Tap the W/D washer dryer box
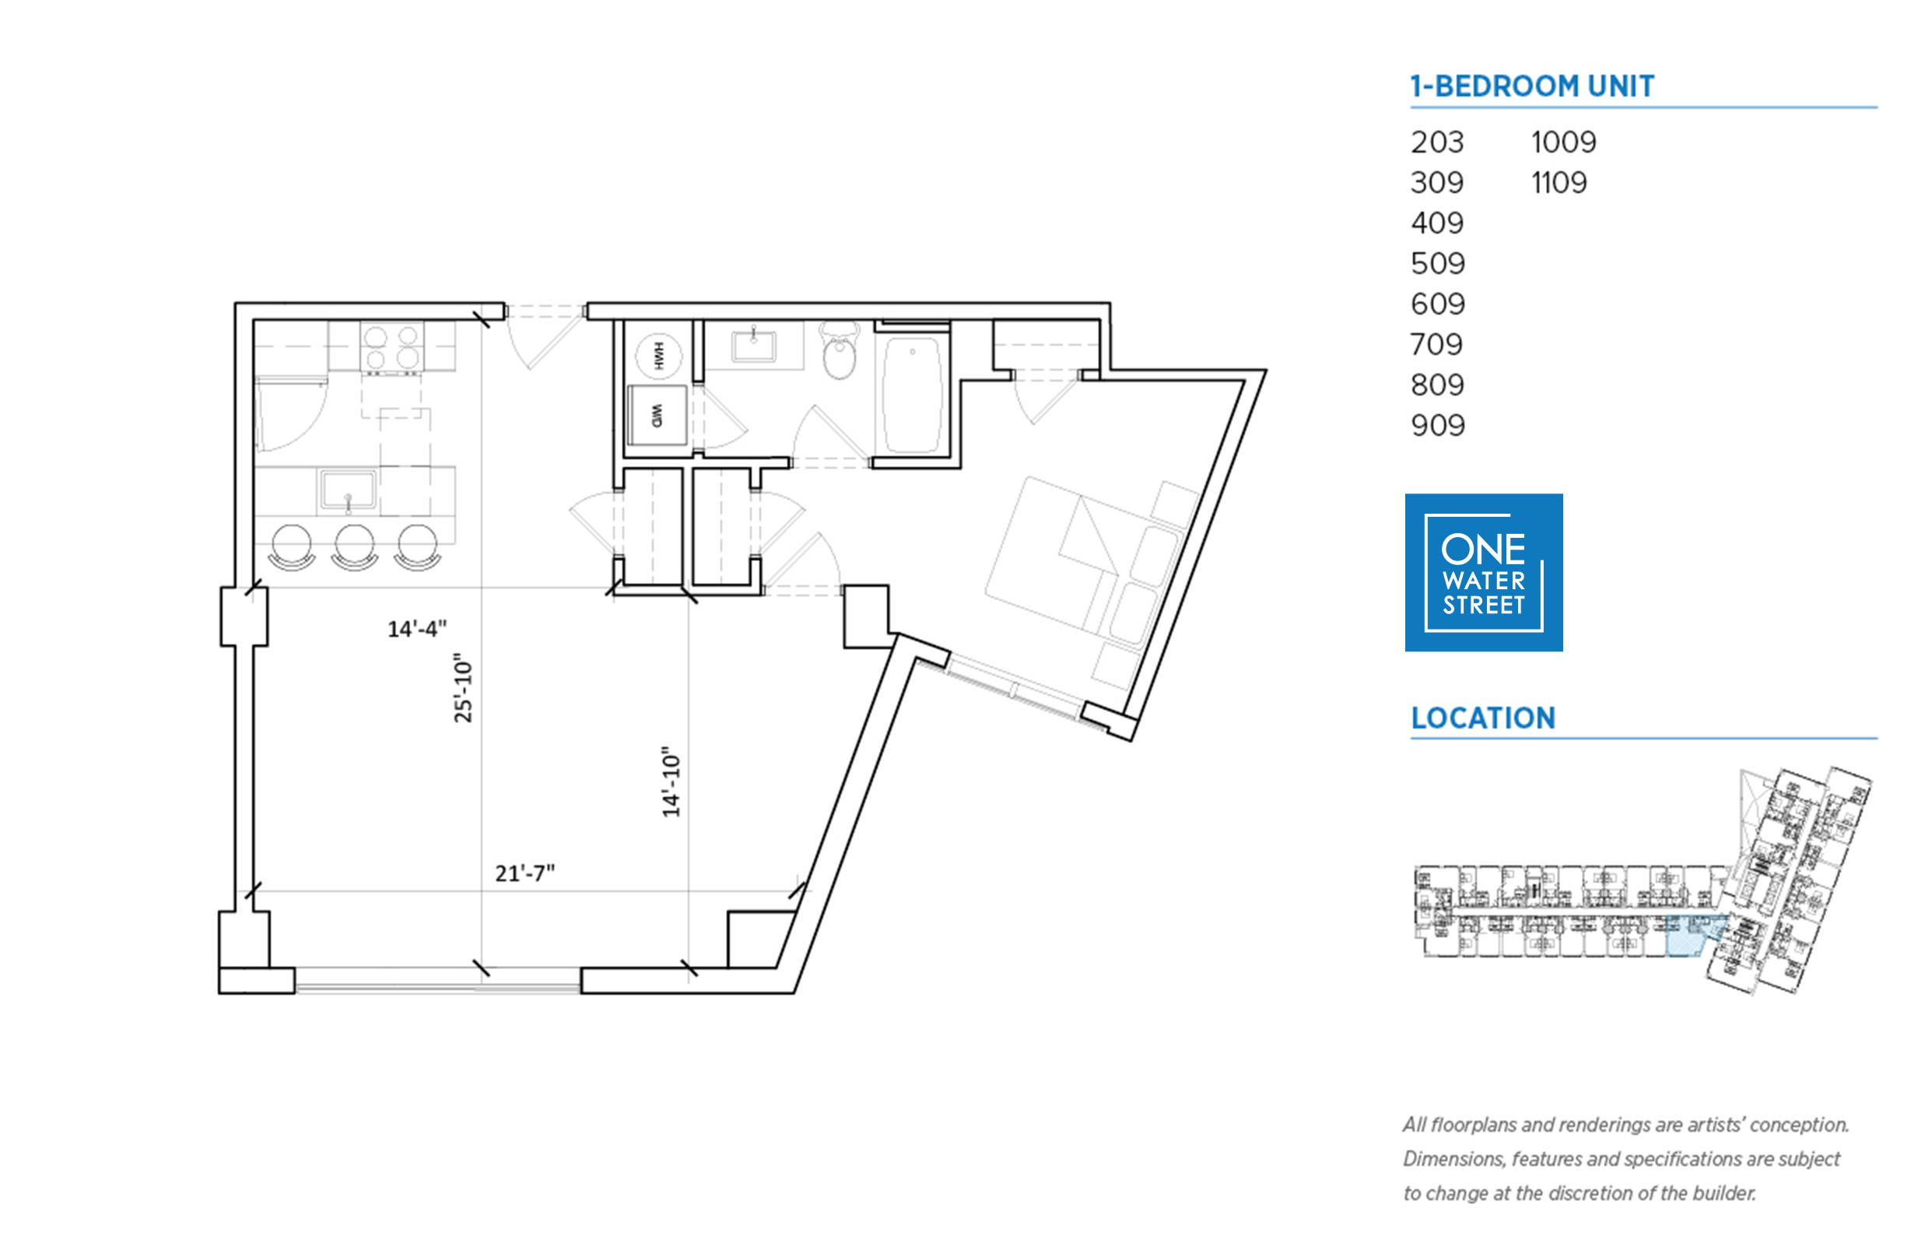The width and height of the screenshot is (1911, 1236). click(x=657, y=415)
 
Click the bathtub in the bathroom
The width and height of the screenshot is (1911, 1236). click(x=911, y=394)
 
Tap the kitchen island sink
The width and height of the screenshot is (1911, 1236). click(x=347, y=490)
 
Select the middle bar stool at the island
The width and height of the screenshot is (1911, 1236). click(x=354, y=547)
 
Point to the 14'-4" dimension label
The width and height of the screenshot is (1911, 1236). click(x=417, y=628)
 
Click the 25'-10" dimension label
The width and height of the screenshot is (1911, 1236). click(x=463, y=687)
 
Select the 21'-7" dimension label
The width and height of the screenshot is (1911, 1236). click(x=524, y=873)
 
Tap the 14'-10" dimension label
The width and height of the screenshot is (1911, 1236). click(x=671, y=781)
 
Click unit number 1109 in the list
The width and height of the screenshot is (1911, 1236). click(x=1558, y=183)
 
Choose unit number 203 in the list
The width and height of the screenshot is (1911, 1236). click(x=1437, y=143)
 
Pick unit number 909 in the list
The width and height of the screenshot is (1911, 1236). click(x=1438, y=426)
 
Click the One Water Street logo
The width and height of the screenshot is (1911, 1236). click(x=1483, y=572)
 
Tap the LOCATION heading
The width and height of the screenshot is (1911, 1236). click(x=1482, y=718)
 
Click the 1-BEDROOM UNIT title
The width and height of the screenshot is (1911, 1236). click(x=1531, y=86)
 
